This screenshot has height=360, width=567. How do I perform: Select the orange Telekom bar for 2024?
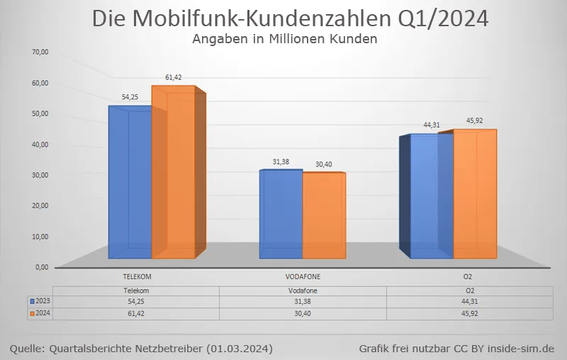click(173, 174)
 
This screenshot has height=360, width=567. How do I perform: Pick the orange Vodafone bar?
click(324, 215)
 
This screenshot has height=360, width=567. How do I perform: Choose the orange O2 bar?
click(475, 194)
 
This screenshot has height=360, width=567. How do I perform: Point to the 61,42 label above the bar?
click(174, 77)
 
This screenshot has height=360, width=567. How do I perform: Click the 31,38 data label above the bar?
click(281, 162)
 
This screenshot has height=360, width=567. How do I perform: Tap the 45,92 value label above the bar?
click(474, 120)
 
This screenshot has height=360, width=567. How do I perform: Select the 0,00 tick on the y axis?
click(41, 267)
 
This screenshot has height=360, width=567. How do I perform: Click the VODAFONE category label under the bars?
click(303, 276)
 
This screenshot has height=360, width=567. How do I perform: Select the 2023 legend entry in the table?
click(39, 301)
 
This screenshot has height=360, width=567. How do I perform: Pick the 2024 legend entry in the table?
click(39, 313)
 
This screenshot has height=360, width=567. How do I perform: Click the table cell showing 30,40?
click(303, 313)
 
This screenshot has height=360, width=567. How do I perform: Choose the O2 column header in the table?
click(468, 291)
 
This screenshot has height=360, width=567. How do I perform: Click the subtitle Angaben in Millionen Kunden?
click(284, 40)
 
